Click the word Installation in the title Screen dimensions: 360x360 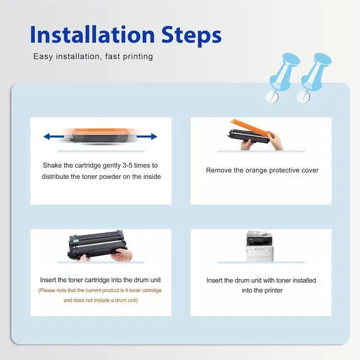92,34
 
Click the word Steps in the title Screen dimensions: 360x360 191,36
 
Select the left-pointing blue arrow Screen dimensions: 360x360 53,137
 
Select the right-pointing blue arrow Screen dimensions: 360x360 147,137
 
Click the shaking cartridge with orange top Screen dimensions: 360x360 100,136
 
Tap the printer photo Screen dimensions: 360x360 259,246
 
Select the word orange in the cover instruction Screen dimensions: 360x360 256,170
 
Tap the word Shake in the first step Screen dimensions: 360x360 52,165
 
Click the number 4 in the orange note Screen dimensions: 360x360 127,290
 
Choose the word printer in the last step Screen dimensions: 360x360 273,290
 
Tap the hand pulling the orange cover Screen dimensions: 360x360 275,141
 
